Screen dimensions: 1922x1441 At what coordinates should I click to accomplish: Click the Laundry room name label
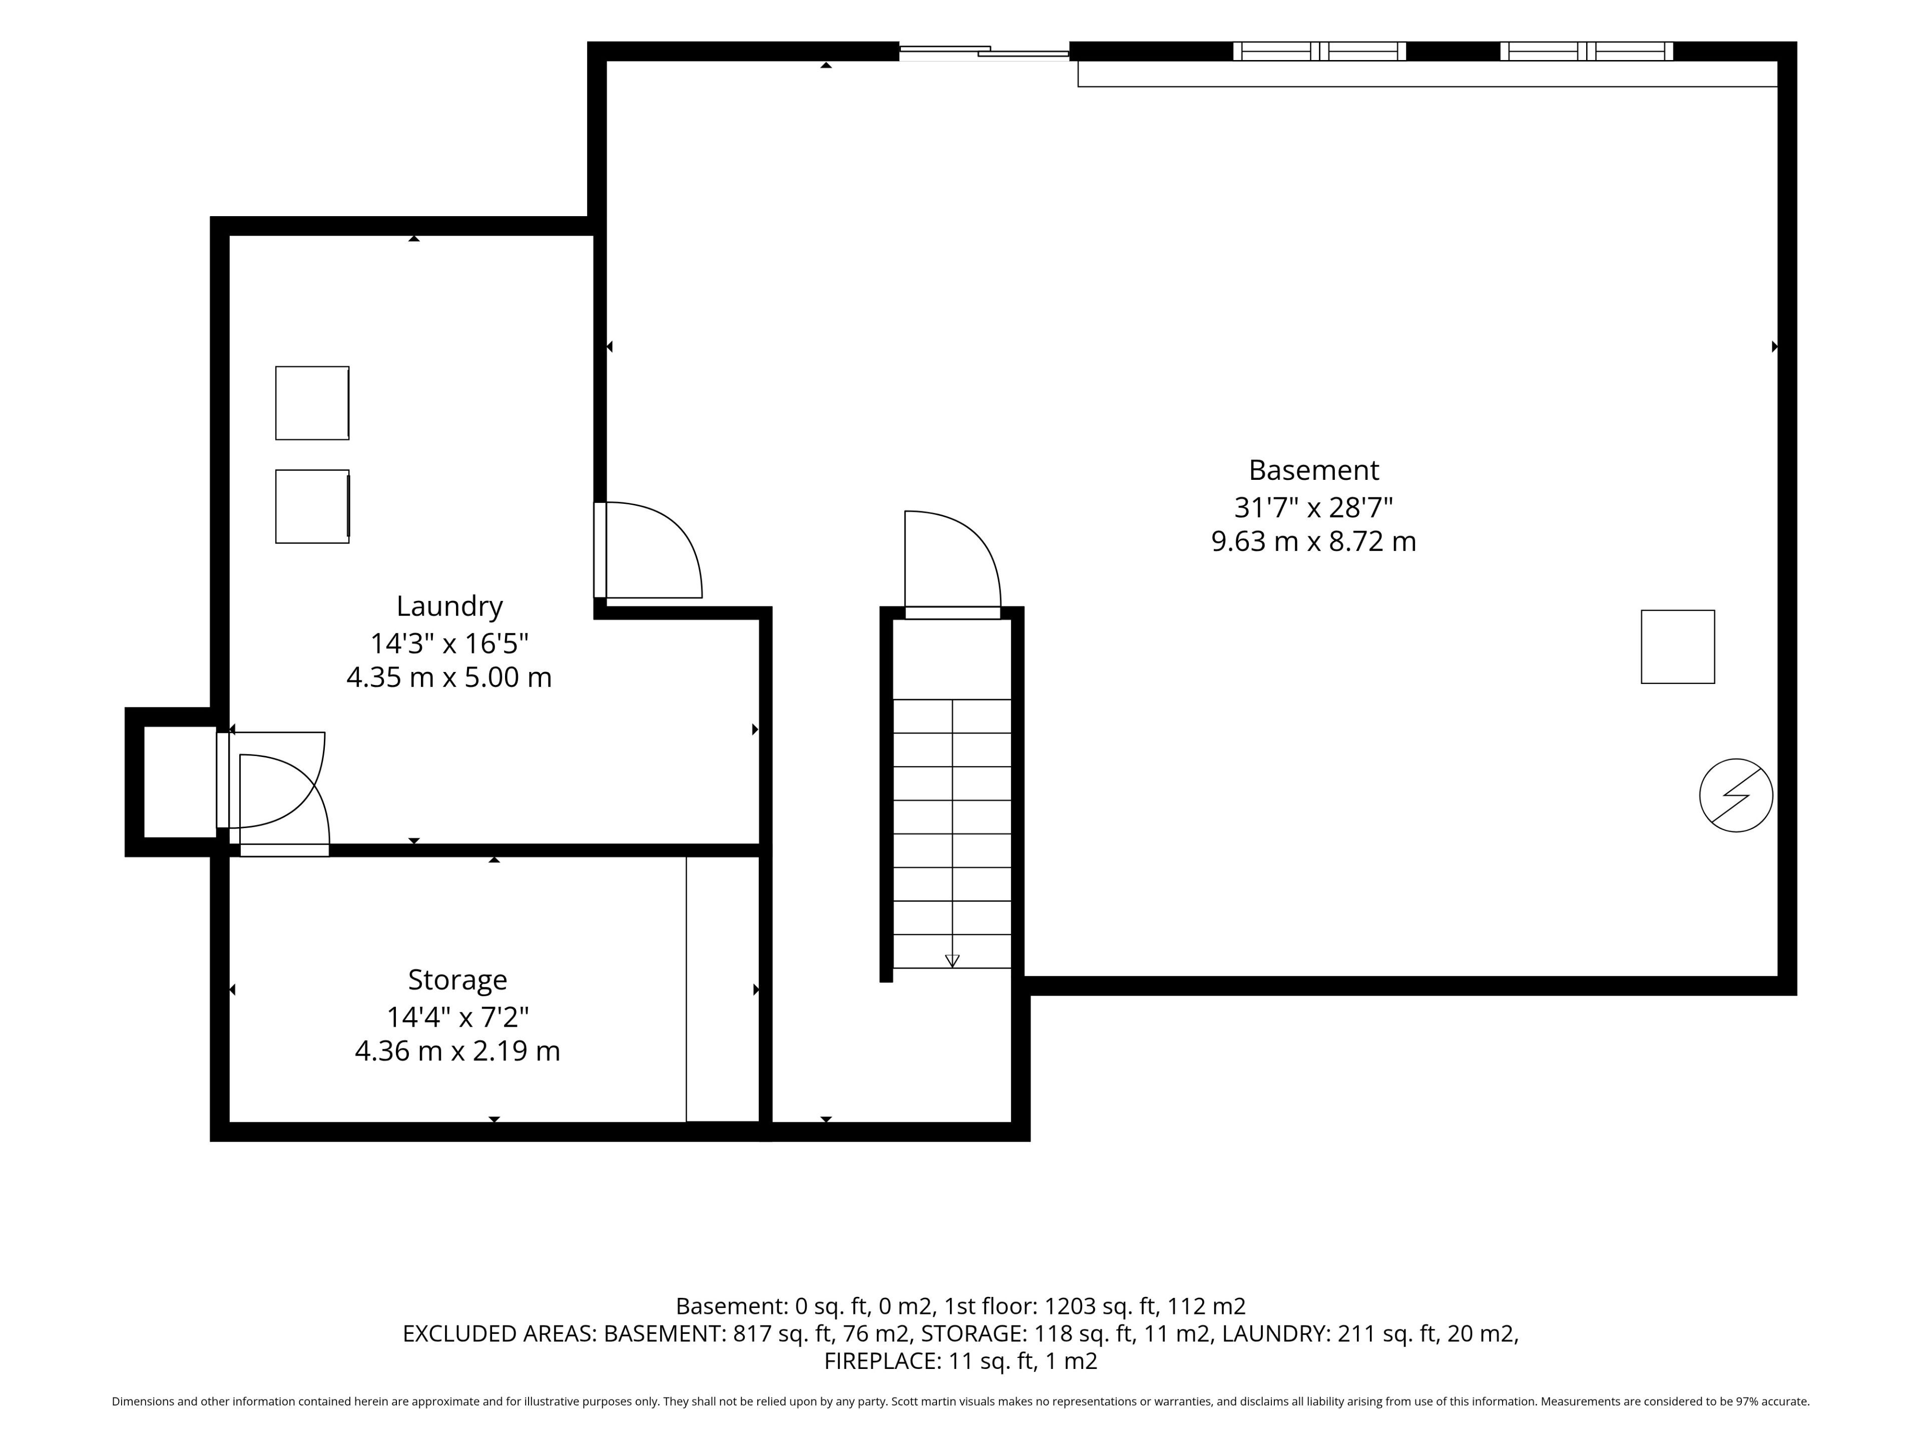coord(449,606)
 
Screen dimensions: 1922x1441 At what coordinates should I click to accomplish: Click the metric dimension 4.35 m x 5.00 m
coord(449,677)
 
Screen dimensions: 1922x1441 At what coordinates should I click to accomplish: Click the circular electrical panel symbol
coord(1736,796)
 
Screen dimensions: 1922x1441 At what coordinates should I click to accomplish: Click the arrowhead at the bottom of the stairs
coord(952,961)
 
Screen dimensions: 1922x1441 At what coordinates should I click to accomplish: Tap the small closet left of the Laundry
coord(179,782)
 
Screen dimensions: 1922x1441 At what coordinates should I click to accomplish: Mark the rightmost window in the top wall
coord(1587,51)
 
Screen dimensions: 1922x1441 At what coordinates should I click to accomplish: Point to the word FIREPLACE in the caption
coord(881,1361)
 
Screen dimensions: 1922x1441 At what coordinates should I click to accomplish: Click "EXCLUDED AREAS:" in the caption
coord(500,1333)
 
